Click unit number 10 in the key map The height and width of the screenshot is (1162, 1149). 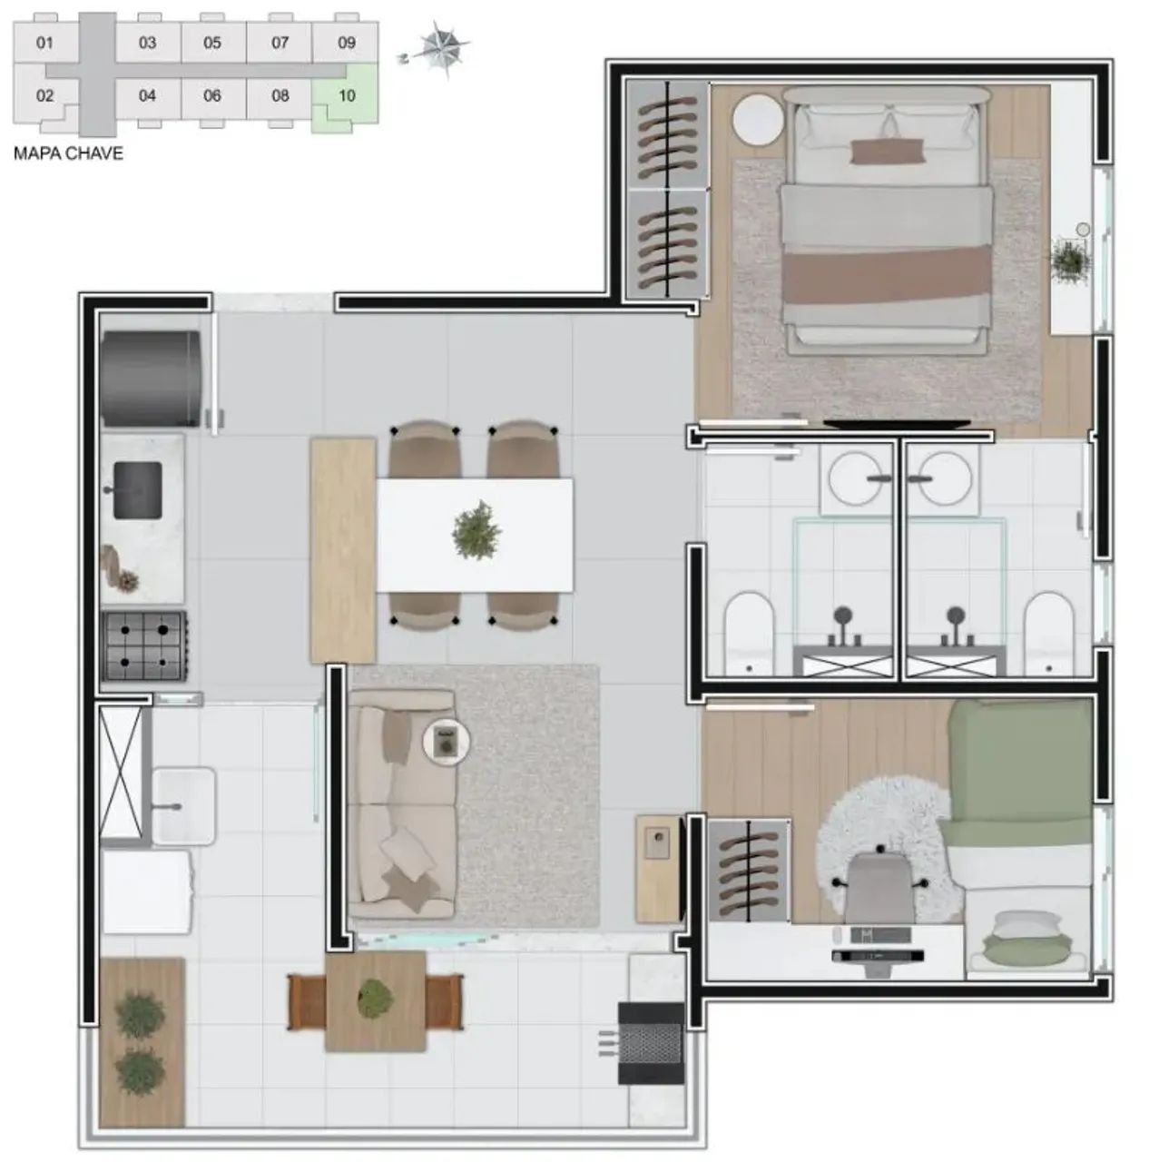346,96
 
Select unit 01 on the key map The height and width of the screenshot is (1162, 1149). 44,43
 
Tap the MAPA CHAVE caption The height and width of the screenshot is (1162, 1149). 68,153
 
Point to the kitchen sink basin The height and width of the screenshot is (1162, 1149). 138,490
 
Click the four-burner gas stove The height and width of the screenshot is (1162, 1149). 143,645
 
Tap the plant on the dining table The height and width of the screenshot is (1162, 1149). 476,530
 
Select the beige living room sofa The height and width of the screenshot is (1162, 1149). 402,804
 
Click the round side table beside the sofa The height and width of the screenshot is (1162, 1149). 446,743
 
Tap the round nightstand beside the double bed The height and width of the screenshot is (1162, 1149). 758,120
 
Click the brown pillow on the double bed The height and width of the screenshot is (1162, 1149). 887,152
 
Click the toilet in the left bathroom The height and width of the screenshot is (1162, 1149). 749,633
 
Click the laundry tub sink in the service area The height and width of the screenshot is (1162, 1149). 183,805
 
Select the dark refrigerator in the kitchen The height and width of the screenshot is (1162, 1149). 151,378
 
